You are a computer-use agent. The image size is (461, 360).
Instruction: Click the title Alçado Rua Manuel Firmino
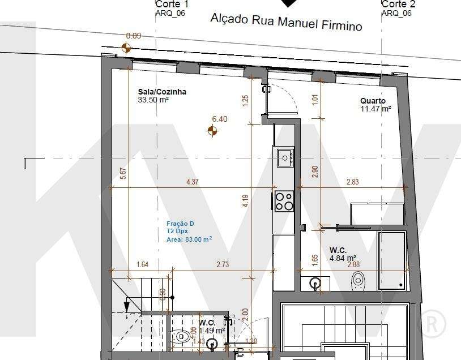coord(286,22)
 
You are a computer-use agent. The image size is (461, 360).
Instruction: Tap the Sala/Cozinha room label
coord(162,92)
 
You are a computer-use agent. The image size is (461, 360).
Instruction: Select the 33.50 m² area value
coord(153,100)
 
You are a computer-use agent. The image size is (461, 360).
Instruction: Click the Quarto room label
coord(373,101)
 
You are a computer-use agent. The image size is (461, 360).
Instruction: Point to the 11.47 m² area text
coord(375,109)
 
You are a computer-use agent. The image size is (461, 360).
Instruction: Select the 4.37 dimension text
coord(193,182)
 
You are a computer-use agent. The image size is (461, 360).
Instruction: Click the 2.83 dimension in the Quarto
coord(352,182)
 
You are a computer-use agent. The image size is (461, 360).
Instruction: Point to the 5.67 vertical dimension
coord(123,174)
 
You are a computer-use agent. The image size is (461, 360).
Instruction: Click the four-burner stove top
coord(284,201)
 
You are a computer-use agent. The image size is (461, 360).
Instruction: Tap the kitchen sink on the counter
coord(284,157)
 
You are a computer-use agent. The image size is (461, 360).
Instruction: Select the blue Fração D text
coord(180,224)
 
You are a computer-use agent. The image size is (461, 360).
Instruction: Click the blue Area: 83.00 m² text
coord(189,239)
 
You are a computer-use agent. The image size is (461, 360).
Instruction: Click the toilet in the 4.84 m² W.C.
coord(357,279)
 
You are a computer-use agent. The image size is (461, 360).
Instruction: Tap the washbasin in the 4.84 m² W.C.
coord(316,282)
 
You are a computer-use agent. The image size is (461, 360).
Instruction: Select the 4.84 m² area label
coord(343,258)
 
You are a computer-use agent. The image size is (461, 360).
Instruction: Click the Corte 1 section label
coord(172,4)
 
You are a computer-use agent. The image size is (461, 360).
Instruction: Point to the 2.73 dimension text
coord(223,264)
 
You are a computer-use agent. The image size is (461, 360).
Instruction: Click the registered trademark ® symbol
coord(431,324)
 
